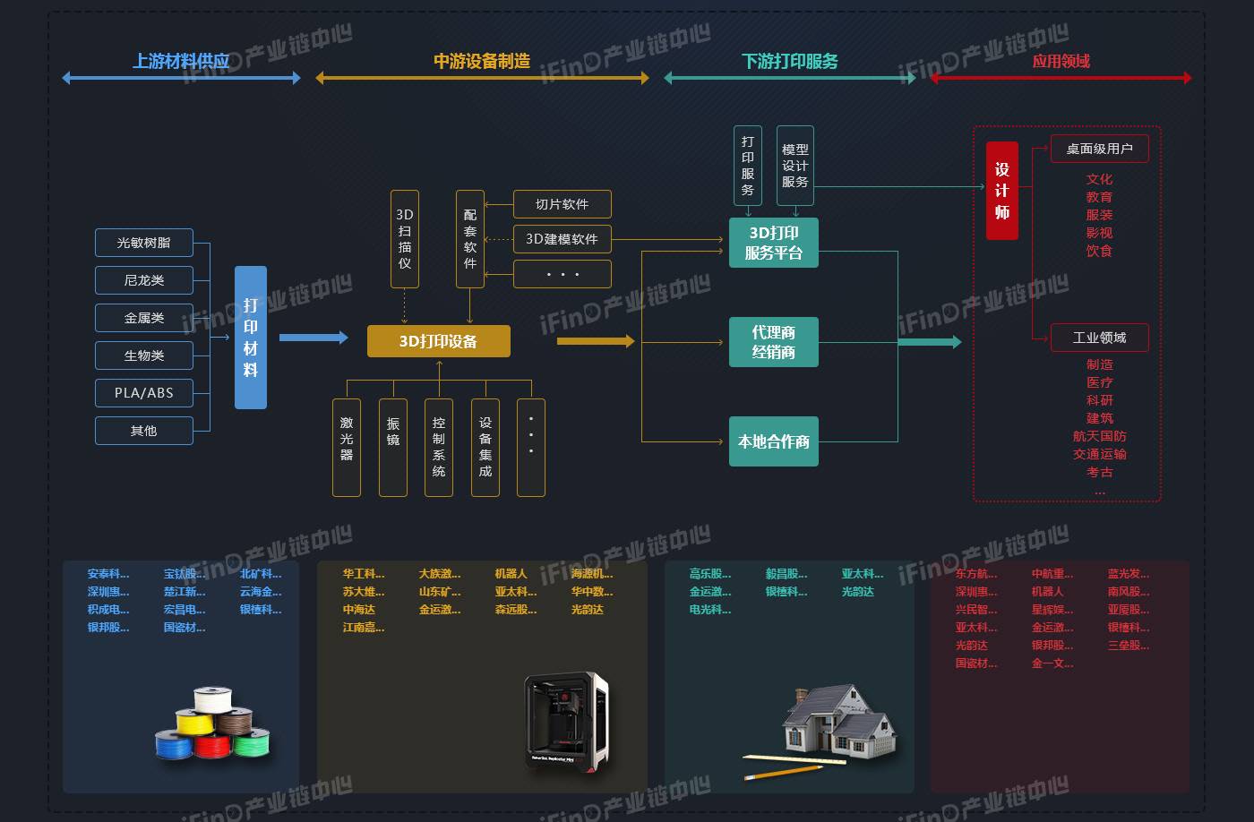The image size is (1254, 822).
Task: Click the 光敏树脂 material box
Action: (x=143, y=243)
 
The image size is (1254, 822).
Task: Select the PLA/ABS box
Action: (x=143, y=393)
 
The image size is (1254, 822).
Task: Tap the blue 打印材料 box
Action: (x=251, y=338)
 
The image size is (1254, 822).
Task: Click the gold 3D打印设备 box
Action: (x=438, y=341)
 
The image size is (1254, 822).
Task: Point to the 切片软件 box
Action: (x=562, y=204)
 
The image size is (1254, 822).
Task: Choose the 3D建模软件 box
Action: (x=562, y=239)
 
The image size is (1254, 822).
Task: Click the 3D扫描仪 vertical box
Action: (x=405, y=239)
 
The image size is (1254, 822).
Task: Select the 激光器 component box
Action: (x=347, y=447)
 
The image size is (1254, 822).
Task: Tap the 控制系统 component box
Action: (x=439, y=447)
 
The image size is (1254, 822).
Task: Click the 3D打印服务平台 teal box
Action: (x=773, y=243)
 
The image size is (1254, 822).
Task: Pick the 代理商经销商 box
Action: (x=773, y=342)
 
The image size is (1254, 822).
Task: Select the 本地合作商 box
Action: (x=773, y=441)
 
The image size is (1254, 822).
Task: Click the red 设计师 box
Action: (x=1002, y=191)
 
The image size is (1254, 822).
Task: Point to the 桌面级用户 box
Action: (x=1099, y=149)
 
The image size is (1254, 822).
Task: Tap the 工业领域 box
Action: (x=1099, y=338)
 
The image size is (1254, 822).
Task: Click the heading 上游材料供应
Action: (x=181, y=61)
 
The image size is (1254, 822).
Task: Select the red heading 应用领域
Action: (x=1061, y=61)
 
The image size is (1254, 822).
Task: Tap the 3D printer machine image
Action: (x=566, y=721)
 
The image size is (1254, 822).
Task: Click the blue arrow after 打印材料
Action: (x=313, y=338)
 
